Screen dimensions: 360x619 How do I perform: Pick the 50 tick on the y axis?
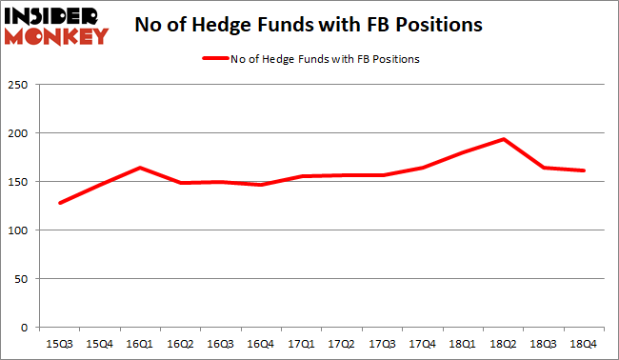[32, 279]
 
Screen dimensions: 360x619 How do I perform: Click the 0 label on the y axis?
[36, 328]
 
